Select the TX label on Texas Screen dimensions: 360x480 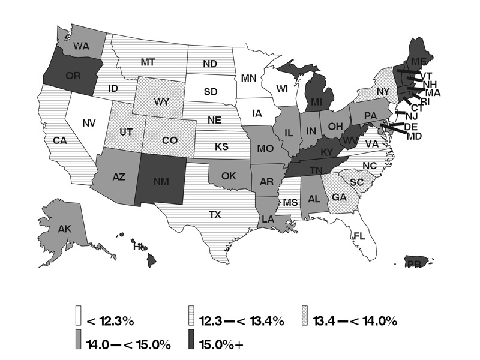coord(215,214)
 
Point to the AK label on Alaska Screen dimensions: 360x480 coord(65,229)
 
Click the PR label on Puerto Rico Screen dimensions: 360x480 coord(413,263)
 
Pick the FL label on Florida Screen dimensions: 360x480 coord(359,236)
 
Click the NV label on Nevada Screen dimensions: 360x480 coord(89,123)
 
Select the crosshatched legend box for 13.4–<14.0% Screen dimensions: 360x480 coord(306,321)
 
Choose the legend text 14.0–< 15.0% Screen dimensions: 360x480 coord(129,344)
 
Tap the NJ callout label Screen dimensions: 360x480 coord(411,116)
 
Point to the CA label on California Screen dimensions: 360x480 coord(59,140)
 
